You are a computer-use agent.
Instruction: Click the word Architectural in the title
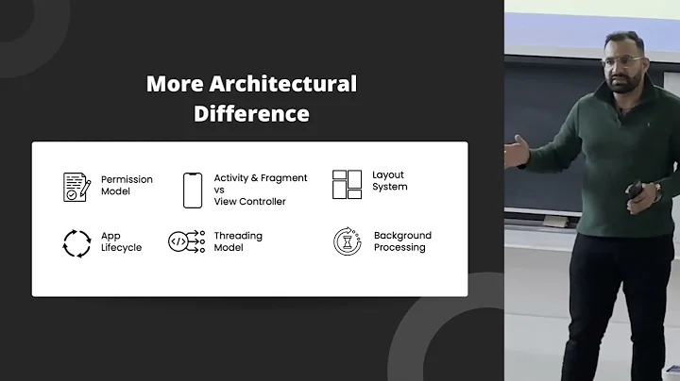(x=279, y=84)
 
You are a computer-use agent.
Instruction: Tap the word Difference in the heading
(x=251, y=114)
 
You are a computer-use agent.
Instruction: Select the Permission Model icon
(x=76, y=185)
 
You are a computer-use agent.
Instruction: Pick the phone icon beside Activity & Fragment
(x=193, y=190)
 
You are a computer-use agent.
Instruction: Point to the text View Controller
(x=249, y=201)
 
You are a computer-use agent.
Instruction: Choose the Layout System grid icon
(x=347, y=184)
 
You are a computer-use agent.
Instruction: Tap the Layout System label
(x=390, y=180)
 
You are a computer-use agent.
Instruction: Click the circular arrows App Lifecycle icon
(x=76, y=242)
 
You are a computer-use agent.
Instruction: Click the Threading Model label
(x=238, y=241)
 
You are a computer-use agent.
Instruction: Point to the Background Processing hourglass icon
(x=347, y=241)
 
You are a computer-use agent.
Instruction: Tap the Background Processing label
(x=402, y=241)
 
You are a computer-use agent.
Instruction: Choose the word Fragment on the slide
(x=286, y=178)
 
